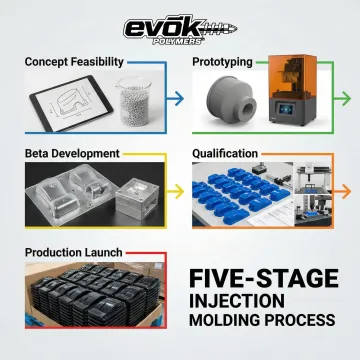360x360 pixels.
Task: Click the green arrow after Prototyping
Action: coord(343,100)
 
